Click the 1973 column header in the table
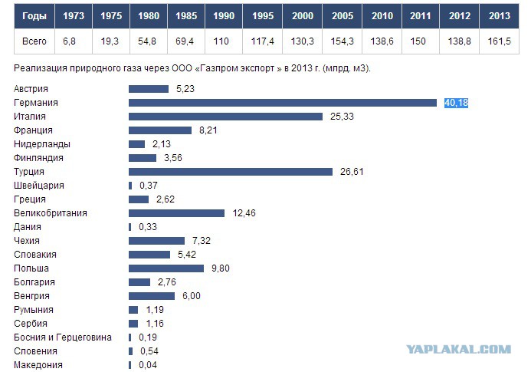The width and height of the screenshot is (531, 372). pos(74,16)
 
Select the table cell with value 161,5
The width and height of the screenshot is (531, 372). pos(499,41)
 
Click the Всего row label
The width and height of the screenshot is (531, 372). pos(34,41)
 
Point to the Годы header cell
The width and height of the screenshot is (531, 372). pos(34,16)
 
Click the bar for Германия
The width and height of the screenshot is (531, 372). pos(283,103)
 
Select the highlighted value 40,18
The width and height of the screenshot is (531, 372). pos(456,103)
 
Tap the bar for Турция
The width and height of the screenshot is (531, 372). pos(231,172)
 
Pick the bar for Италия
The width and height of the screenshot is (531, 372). pos(225,117)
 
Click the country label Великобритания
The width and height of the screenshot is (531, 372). pos(51,213)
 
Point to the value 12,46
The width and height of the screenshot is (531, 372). pos(244,213)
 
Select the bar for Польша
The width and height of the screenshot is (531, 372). pos(166,268)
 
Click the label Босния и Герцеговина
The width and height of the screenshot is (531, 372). pos(63,337)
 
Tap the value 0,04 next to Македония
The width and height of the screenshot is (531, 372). pos(148,365)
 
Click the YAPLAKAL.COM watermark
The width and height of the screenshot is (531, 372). pos(458,349)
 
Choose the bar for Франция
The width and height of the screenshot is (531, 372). pos(160,130)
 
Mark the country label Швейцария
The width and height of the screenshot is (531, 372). pos(39,186)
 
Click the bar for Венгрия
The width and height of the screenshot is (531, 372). pos(152,296)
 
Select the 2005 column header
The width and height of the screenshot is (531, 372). pos(343,16)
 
